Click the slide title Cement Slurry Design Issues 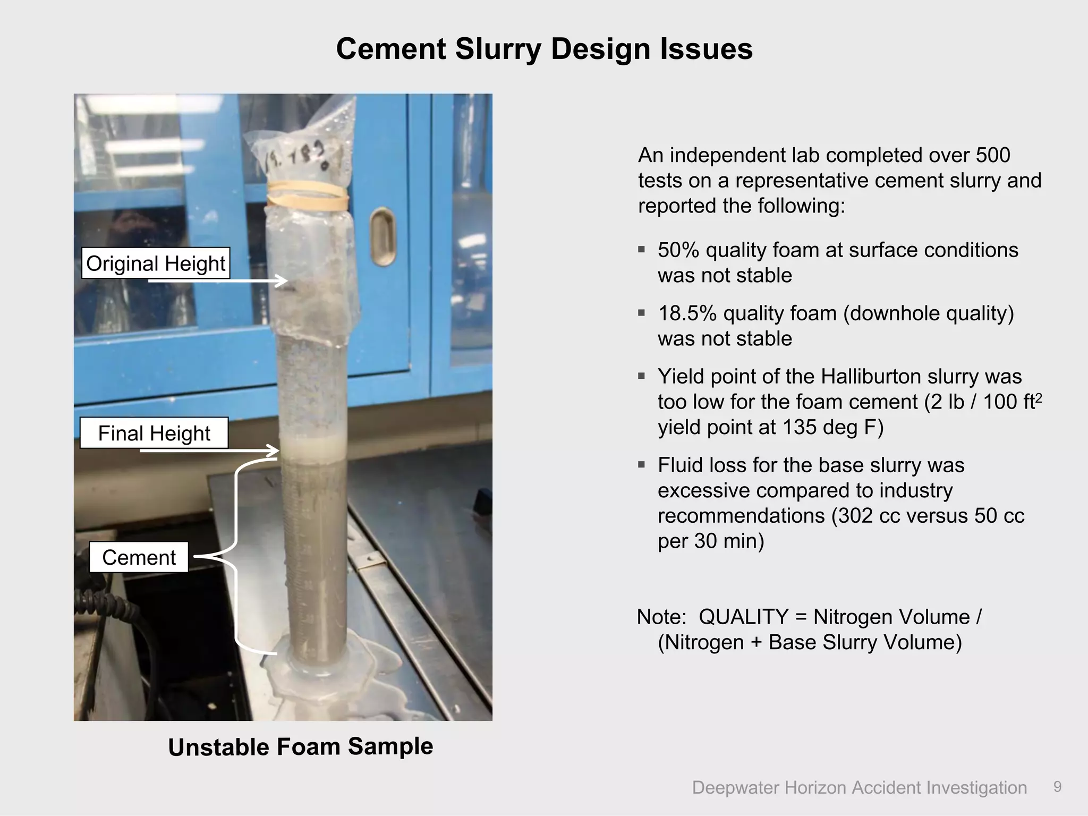tap(544, 49)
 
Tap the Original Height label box tap(156, 263)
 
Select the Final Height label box tap(154, 433)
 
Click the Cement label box tap(139, 557)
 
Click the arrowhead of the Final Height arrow tap(274, 450)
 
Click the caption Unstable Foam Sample tap(301, 746)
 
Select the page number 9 tap(1057, 787)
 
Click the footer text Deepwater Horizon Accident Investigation tap(859, 787)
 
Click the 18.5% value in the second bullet tap(687, 313)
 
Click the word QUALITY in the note tap(743, 617)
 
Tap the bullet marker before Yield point tap(642, 376)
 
